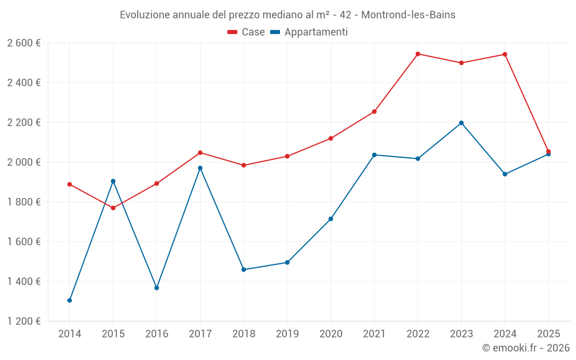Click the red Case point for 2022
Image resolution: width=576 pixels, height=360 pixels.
(418, 54)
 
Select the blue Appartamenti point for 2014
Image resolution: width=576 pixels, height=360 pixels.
(70, 300)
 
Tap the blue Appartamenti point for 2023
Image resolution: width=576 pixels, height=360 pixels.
(461, 123)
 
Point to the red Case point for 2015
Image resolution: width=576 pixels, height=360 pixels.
(113, 208)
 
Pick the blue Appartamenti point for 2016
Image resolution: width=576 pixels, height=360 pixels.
(157, 287)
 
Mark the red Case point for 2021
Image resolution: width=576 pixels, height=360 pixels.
(374, 112)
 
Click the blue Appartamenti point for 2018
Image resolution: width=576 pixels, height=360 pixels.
(244, 270)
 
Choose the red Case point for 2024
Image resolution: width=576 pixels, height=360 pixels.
(505, 55)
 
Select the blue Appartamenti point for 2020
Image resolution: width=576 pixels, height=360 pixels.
(331, 219)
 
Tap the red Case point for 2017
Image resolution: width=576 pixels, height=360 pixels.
(200, 153)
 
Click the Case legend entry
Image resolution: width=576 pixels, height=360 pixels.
(247, 32)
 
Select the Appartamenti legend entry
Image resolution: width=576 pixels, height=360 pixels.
(309, 32)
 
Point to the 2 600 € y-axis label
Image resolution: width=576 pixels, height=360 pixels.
(24, 43)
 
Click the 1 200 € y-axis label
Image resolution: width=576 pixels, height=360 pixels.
(24, 321)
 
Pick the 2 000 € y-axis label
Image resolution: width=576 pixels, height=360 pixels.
(24, 162)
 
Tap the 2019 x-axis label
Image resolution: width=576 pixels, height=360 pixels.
(287, 334)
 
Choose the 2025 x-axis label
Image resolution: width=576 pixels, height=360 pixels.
(548, 334)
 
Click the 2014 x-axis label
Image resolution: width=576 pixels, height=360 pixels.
(70, 334)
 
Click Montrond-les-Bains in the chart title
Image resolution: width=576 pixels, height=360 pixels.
(408, 15)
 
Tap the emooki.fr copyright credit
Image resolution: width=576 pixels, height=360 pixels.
(526, 348)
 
